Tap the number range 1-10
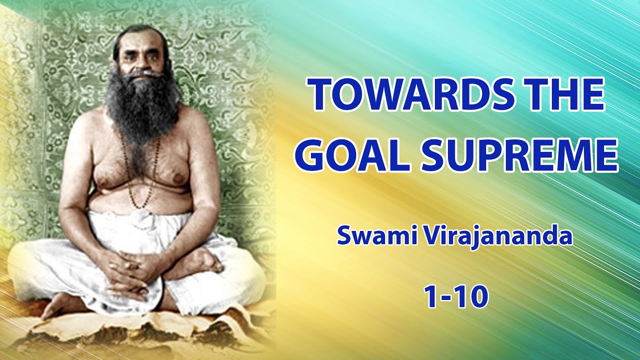(455, 297)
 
